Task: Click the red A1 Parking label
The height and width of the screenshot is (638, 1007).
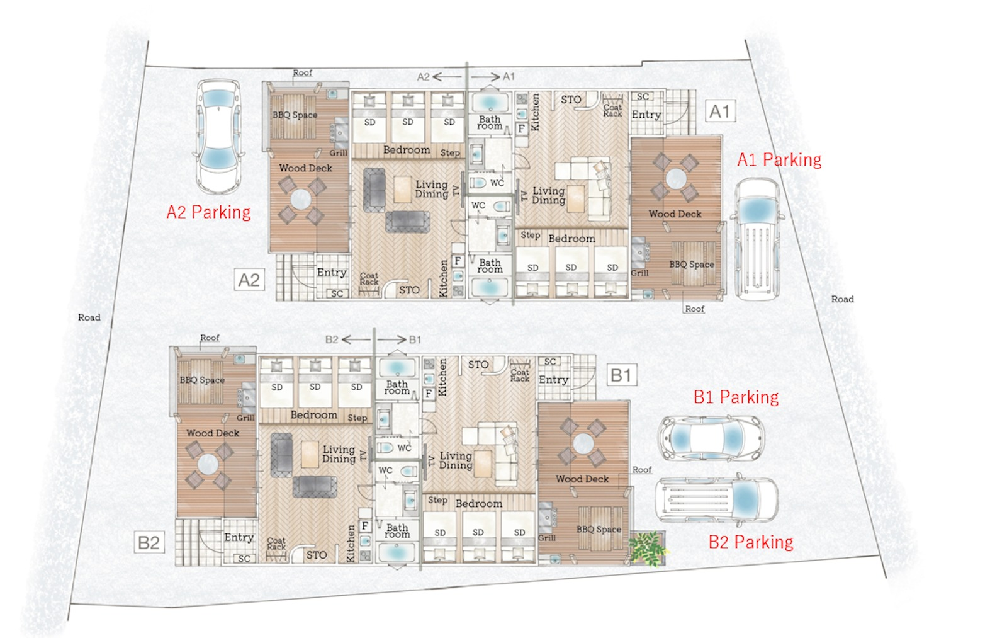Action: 779,160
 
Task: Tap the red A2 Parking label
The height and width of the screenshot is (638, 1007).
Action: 208,212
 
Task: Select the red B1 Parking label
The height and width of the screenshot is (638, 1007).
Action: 736,397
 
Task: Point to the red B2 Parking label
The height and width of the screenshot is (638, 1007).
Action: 751,542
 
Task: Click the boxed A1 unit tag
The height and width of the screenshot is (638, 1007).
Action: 720,111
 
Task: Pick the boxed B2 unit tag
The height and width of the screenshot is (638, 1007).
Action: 149,542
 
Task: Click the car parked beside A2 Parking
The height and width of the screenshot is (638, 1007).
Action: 219,137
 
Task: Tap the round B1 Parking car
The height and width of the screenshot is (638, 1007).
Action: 711,437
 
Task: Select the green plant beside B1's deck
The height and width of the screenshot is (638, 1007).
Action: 648,547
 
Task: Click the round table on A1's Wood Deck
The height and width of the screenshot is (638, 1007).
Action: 676,179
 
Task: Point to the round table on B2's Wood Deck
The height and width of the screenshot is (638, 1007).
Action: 208,465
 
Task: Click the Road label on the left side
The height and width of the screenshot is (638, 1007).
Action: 89,317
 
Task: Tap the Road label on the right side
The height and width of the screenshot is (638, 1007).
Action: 842,299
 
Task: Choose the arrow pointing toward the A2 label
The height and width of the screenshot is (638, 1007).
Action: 447,77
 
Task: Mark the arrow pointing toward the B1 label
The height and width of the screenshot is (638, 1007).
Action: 392,339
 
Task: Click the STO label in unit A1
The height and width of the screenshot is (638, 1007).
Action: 570,100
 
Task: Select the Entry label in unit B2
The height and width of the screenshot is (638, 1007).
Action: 239,538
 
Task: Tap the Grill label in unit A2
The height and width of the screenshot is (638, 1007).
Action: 338,153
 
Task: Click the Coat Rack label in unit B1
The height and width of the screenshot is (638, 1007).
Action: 520,376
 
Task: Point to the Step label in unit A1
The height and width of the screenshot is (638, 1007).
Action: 530,236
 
